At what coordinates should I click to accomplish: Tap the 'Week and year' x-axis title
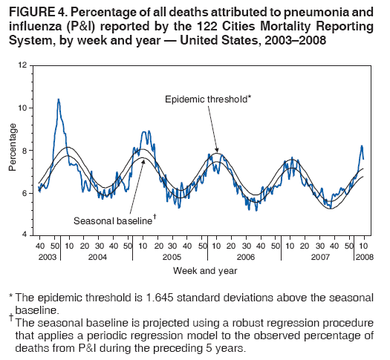pyautogui.click(x=199, y=269)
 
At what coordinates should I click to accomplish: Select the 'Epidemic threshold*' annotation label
pyautogui.click(x=209, y=99)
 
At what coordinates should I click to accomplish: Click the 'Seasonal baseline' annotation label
pyautogui.click(x=112, y=220)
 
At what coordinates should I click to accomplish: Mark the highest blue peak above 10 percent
pyautogui.click(x=59, y=99)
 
